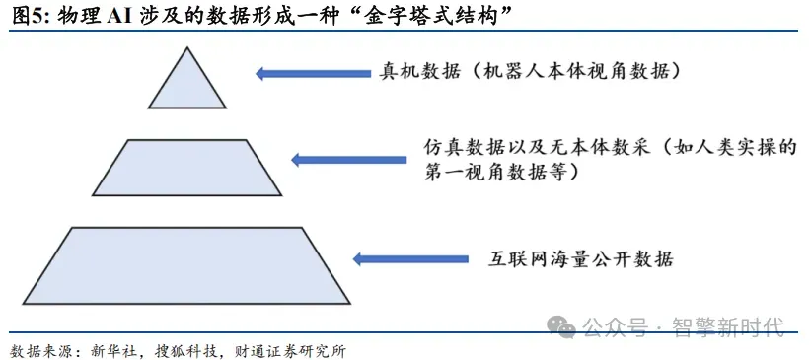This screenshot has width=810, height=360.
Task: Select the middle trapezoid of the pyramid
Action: pyautogui.click(x=187, y=168)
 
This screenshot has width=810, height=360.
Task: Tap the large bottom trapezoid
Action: pyautogui.click(x=187, y=265)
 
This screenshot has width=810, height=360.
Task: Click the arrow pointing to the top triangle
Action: pyautogui.click(x=314, y=73)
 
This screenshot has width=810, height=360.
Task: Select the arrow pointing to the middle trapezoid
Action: pyautogui.click(x=349, y=160)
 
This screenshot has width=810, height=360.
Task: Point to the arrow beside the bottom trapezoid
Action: pyautogui.click(x=410, y=258)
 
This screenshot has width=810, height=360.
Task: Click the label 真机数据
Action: pyautogui.click(x=420, y=71)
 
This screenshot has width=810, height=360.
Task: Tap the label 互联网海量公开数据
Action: pyautogui.click(x=581, y=258)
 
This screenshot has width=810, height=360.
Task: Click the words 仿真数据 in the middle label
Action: pyautogui.click(x=465, y=147)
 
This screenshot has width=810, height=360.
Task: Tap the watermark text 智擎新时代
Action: pyautogui.click(x=728, y=326)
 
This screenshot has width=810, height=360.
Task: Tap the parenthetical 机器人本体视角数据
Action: pyautogui.click(x=575, y=71)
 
